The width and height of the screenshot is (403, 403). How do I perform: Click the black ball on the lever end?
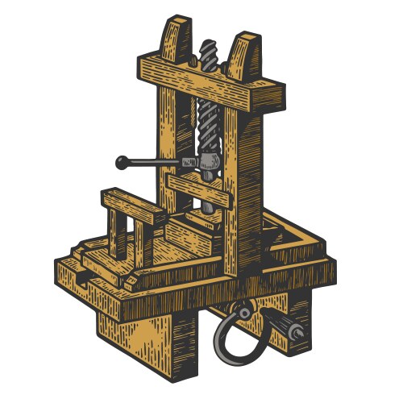[122, 162]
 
